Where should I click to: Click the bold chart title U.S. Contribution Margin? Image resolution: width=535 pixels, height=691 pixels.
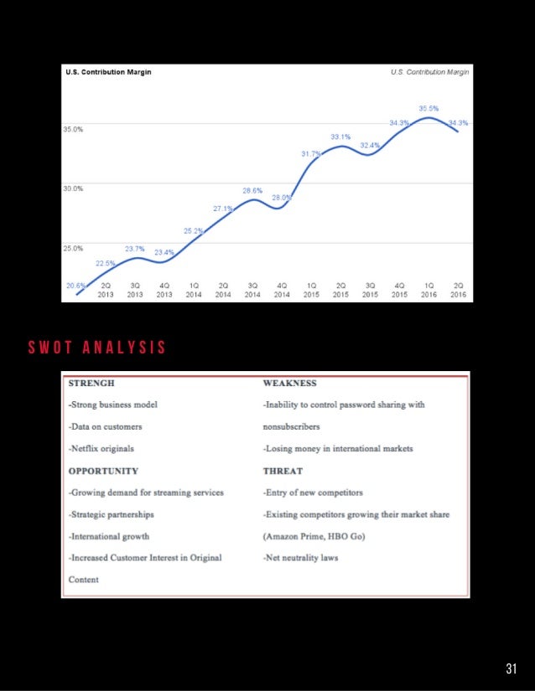click(x=109, y=72)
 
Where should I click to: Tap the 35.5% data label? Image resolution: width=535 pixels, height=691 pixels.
click(x=428, y=108)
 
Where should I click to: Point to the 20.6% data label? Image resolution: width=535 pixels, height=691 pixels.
click(x=75, y=286)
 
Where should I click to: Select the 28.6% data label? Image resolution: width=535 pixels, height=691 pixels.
click(x=252, y=191)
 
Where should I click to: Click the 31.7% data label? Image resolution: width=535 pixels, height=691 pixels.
click(x=311, y=154)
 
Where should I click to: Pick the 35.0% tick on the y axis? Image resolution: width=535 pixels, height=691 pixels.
click(x=73, y=130)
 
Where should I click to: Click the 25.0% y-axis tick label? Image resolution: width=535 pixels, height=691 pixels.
click(x=73, y=248)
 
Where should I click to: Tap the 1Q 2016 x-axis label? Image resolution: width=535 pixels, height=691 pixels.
click(x=429, y=290)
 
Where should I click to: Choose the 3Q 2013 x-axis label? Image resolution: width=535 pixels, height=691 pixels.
click(x=135, y=290)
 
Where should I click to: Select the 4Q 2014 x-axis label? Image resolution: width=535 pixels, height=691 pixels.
click(x=282, y=290)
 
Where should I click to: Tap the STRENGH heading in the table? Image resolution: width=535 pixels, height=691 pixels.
click(x=91, y=384)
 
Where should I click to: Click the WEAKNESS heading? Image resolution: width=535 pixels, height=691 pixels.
click(x=289, y=384)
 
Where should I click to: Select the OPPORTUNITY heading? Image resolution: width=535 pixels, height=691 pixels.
click(x=103, y=471)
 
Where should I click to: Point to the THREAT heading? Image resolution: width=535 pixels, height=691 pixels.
click(x=283, y=471)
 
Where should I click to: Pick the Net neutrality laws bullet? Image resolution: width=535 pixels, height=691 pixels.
click(x=300, y=558)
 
